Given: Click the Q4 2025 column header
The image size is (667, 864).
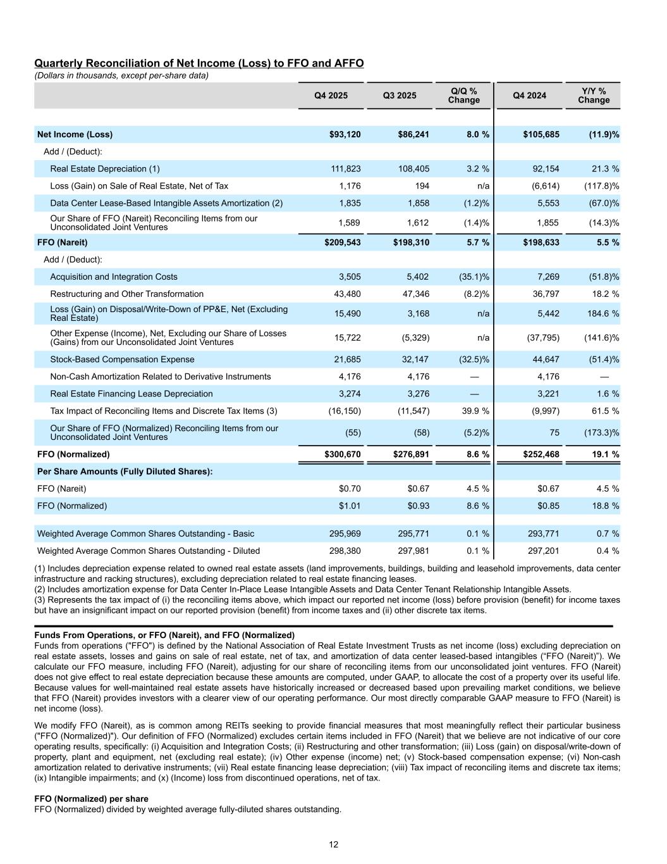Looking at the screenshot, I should (x=331, y=96).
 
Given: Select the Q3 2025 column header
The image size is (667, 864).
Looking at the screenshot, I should (x=400, y=96).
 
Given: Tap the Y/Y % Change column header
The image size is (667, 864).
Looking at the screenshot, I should (x=594, y=96).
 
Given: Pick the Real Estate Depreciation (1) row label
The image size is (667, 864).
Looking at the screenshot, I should (x=105, y=168).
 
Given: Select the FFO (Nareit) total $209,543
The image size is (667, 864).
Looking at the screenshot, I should (x=343, y=242).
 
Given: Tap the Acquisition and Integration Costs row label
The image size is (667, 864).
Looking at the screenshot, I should (x=114, y=277).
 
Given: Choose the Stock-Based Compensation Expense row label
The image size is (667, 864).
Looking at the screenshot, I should (x=122, y=360).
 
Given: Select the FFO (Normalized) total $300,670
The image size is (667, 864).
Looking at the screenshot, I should (x=343, y=454).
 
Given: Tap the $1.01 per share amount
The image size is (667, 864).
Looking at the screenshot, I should (x=350, y=506).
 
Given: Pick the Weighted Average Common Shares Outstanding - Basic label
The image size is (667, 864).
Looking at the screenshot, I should (x=145, y=534).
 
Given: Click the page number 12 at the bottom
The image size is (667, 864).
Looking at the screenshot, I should (x=333, y=844).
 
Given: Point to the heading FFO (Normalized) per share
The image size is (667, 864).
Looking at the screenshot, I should (x=91, y=799).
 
